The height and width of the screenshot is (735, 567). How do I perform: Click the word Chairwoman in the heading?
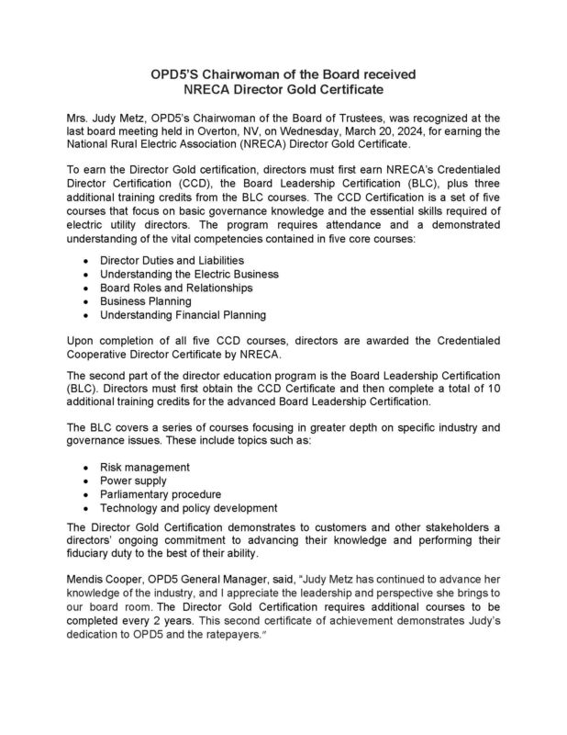click(x=240, y=73)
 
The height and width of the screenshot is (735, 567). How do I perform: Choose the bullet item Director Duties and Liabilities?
click(x=165, y=262)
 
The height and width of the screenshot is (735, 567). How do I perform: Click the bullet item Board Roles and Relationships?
click(x=175, y=288)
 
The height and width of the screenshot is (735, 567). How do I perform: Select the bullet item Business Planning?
click(x=145, y=300)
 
